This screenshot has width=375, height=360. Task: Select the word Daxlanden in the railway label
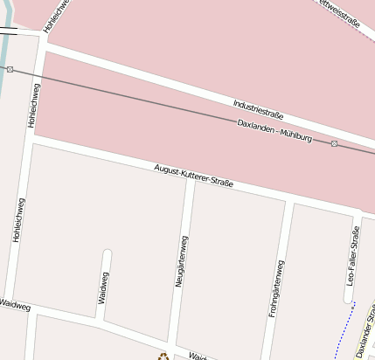255,126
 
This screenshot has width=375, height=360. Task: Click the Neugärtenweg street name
183,261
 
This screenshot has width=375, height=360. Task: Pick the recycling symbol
162,356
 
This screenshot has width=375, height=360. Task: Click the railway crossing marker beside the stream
10,68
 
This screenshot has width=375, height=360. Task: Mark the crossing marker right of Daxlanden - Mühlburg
334,142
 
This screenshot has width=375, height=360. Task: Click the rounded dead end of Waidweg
107,254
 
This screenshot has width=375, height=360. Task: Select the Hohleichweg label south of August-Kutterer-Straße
18,218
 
